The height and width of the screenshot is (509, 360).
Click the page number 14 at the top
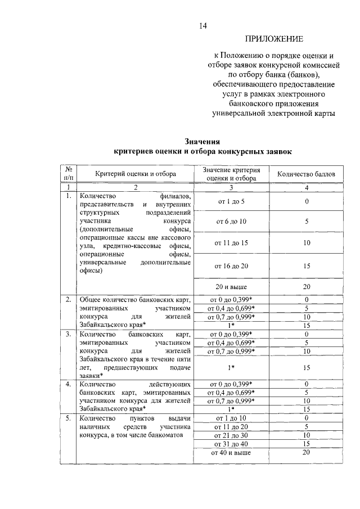pos(202,24)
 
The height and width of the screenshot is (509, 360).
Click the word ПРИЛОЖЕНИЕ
pos(273,39)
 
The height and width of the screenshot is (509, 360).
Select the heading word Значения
pos(202,141)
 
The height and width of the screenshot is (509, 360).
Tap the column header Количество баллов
pos(307,174)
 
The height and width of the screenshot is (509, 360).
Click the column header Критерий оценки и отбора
pos(135,174)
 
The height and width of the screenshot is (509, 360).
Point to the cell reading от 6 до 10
pos(231,222)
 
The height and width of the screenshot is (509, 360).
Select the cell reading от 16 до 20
pos(231,265)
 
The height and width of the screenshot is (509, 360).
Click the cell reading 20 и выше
pos(231,287)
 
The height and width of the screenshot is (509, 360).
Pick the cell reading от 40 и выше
pos(231,452)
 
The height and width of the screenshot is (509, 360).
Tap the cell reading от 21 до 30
pos(231,435)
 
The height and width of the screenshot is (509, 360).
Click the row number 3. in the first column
pos(67,334)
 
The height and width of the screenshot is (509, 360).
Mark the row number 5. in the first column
pos(67,418)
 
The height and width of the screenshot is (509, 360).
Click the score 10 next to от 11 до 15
pos(307,244)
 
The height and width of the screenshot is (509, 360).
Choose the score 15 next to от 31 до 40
pos(307,443)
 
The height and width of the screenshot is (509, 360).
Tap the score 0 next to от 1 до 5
pos(307,201)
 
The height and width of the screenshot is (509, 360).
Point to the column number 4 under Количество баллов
pos(307,187)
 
